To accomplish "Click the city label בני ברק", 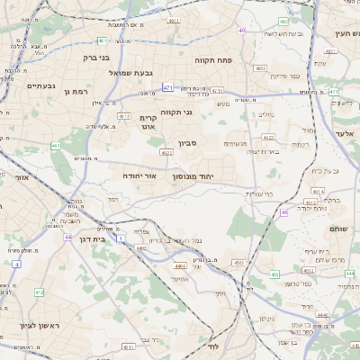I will (92, 57).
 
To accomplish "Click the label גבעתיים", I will (41, 85).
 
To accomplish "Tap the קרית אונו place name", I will (148, 122).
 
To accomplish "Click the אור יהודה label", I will (138, 176).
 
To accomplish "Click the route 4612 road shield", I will (124, 116).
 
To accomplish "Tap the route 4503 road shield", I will (238, 262).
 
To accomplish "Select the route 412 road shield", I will (39, 292).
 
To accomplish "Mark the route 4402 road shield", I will (180, 265).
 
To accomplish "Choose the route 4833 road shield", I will (260, 68).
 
